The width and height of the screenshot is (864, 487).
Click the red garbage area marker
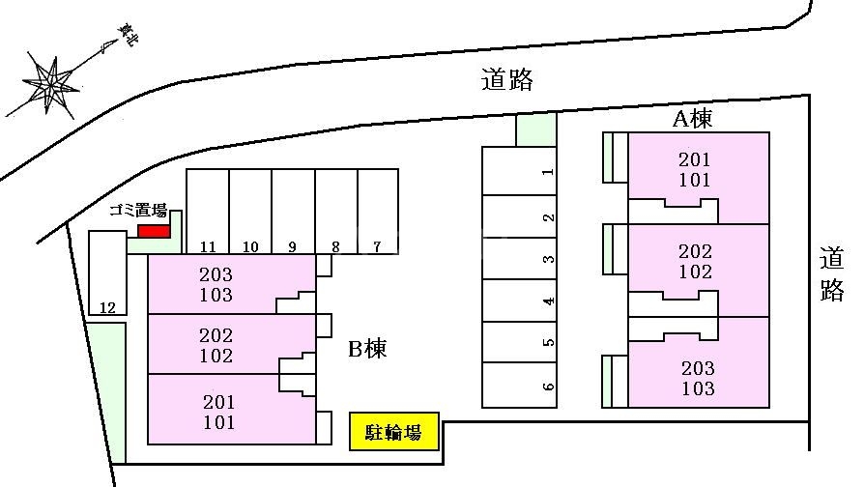click(x=154, y=231)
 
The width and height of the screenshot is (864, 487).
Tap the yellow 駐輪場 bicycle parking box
click(x=394, y=431)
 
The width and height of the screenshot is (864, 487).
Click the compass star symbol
click(x=50, y=85)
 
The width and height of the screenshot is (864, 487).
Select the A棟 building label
click(x=693, y=119)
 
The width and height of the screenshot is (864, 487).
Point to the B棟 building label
click(x=367, y=349)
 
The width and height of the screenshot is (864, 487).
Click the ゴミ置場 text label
click(x=138, y=210)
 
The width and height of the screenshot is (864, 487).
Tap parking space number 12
click(x=108, y=272)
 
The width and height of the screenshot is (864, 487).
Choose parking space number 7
click(x=378, y=212)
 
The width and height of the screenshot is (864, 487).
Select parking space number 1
click(x=519, y=171)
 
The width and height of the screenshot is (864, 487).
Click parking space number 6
click(x=519, y=386)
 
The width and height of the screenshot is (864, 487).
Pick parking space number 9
click(x=293, y=212)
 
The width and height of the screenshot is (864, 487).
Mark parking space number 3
click(x=519, y=258)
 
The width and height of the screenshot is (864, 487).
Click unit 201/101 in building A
click(x=699, y=178)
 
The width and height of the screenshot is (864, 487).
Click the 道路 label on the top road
click(x=507, y=80)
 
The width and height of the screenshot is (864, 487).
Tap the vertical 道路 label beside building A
click(x=832, y=273)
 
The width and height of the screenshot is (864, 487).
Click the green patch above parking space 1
click(x=535, y=130)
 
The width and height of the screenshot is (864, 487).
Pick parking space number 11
click(x=208, y=212)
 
